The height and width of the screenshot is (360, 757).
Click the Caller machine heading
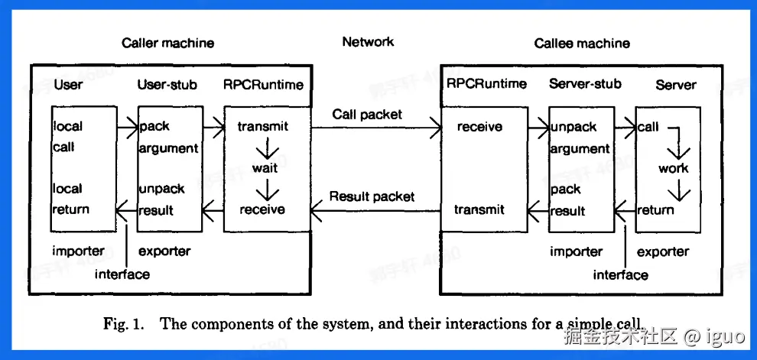coord(167,43)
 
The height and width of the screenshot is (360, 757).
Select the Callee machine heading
coord(582,43)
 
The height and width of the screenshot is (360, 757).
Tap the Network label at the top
coord(368,42)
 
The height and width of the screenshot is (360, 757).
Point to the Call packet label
coord(367,115)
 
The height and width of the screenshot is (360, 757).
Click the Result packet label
coord(372,196)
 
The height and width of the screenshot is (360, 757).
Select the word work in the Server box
coord(673,168)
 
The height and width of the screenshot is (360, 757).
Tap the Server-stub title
coord(585,84)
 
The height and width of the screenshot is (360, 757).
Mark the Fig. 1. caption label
coord(123,323)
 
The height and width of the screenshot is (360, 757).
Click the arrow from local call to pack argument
coord(126,126)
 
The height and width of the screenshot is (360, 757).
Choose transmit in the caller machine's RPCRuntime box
coord(262,126)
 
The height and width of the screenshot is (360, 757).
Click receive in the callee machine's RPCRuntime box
coord(479,127)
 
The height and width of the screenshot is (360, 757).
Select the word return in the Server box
coord(655,210)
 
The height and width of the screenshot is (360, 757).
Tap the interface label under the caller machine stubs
coord(122,274)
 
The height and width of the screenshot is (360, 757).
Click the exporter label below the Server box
coord(663,251)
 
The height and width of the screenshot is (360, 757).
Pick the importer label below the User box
coord(78,251)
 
